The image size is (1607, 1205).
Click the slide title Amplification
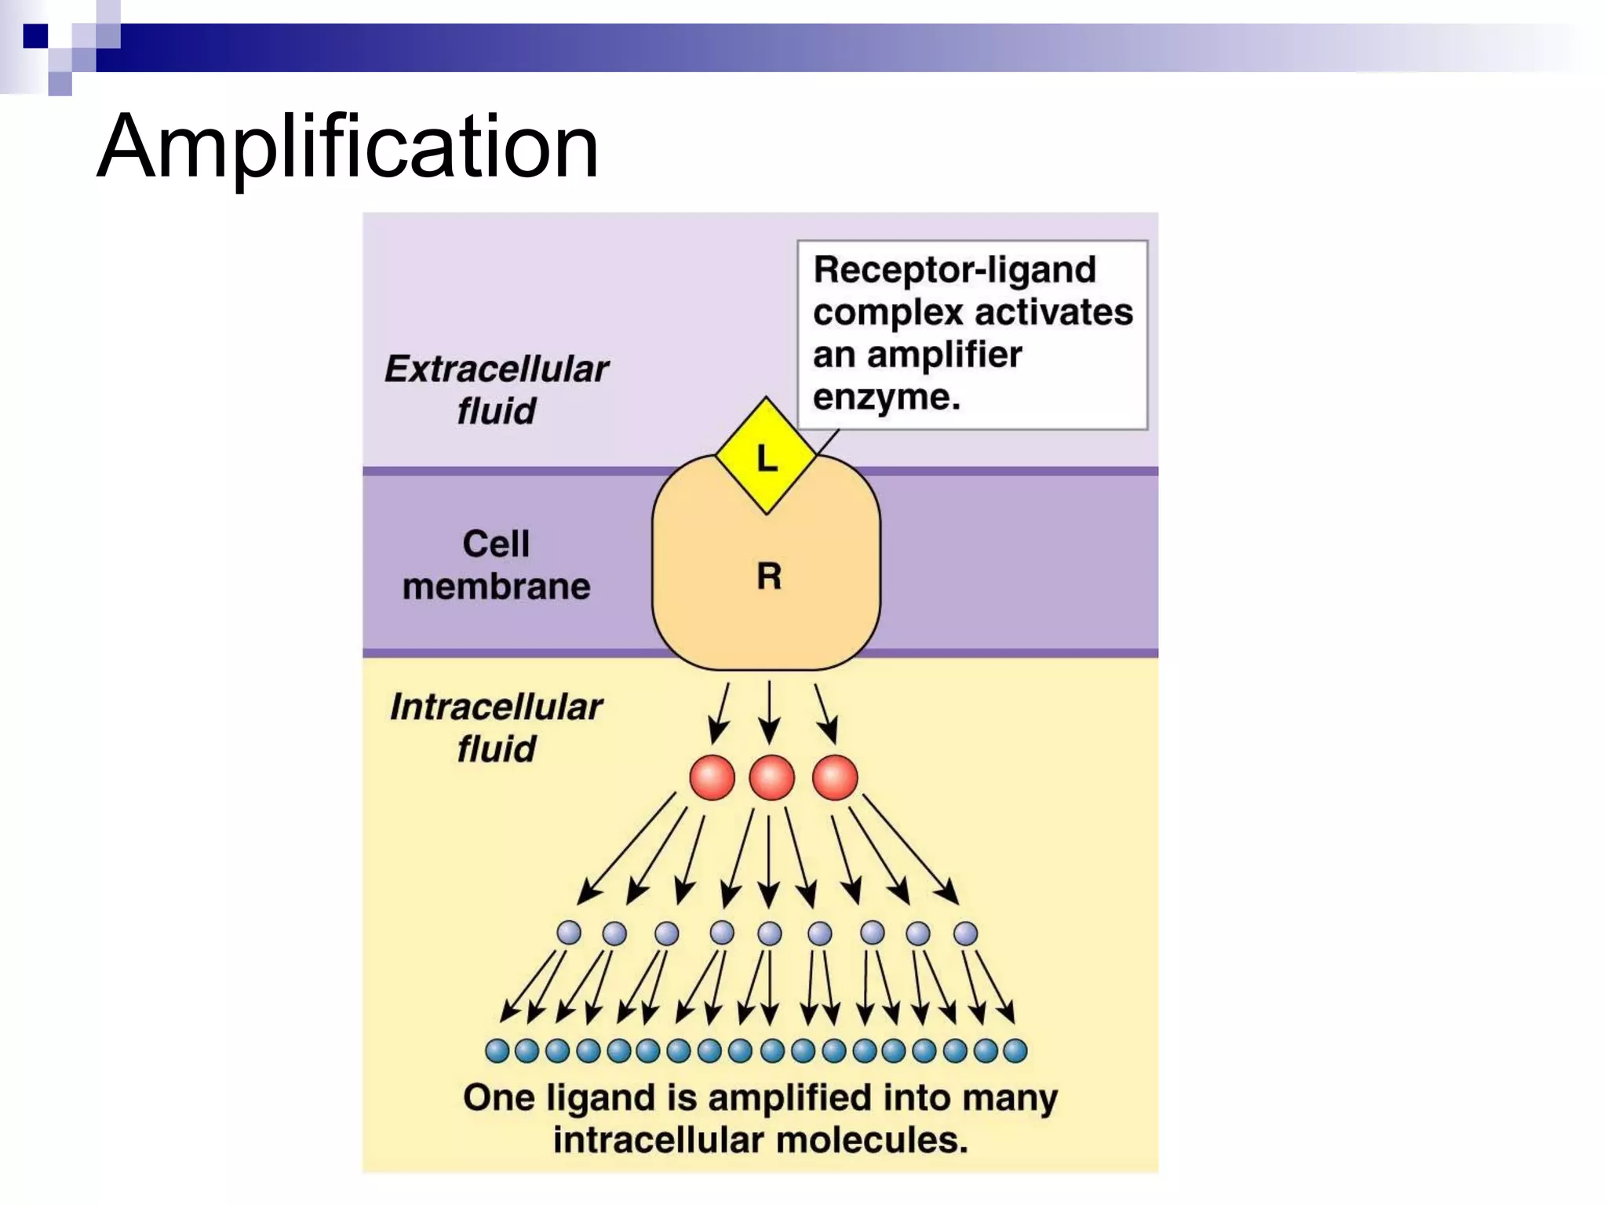[x=348, y=147]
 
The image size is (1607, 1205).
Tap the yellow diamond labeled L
[x=766, y=456]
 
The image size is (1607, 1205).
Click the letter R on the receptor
[x=769, y=577]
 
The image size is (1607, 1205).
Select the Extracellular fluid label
[x=496, y=389]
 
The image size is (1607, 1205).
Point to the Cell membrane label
[x=496, y=565]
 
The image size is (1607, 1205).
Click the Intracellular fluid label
[x=496, y=727]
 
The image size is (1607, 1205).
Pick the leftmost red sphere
[x=712, y=777]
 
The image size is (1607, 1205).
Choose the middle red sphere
[x=771, y=777]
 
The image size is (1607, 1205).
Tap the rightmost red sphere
[x=834, y=777]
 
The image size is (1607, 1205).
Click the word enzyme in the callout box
[x=886, y=398]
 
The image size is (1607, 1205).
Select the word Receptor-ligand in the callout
[x=954, y=270]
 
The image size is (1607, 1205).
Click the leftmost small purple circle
[x=569, y=933]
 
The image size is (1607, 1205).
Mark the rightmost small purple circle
[x=965, y=934]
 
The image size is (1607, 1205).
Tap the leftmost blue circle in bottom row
[x=497, y=1050]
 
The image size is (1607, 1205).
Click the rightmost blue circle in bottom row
[x=1015, y=1050]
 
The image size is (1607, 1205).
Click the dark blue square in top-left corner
[x=35, y=36]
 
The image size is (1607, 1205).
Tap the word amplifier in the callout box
[x=944, y=355]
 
